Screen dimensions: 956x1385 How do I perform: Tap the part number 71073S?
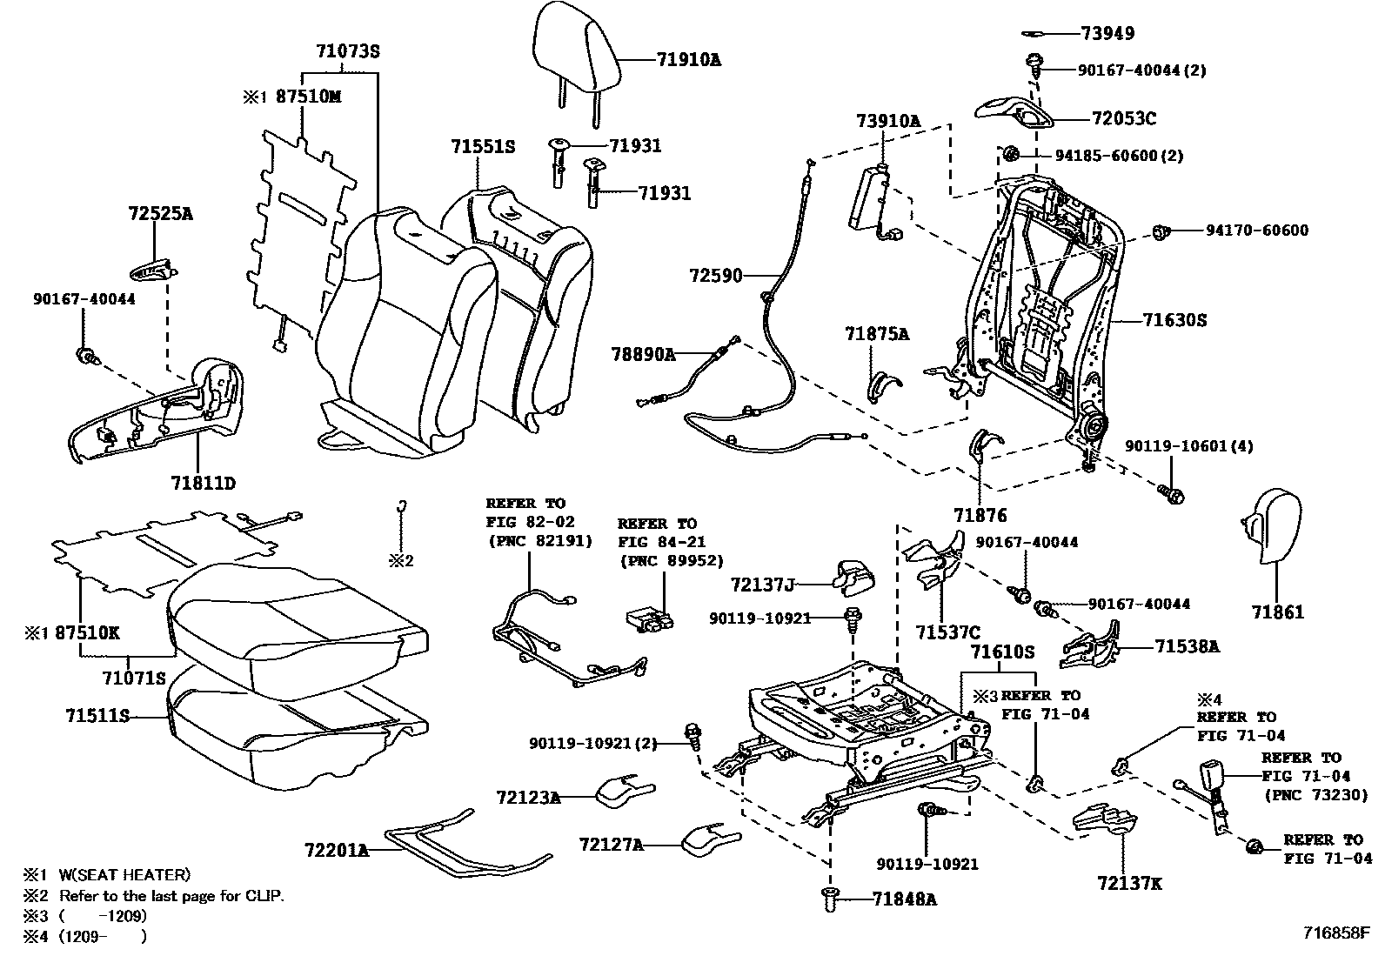tap(347, 51)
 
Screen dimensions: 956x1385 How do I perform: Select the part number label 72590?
tap(716, 277)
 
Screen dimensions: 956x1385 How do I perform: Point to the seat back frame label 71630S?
tap(1174, 320)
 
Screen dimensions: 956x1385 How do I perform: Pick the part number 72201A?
tap(337, 850)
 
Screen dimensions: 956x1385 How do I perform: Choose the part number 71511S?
tap(97, 716)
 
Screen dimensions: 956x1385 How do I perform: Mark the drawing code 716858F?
tap(1336, 933)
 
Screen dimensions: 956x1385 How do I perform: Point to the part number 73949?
tap(1107, 34)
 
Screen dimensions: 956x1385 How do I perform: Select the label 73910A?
tap(887, 122)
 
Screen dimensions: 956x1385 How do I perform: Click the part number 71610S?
tap(1002, 652)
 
